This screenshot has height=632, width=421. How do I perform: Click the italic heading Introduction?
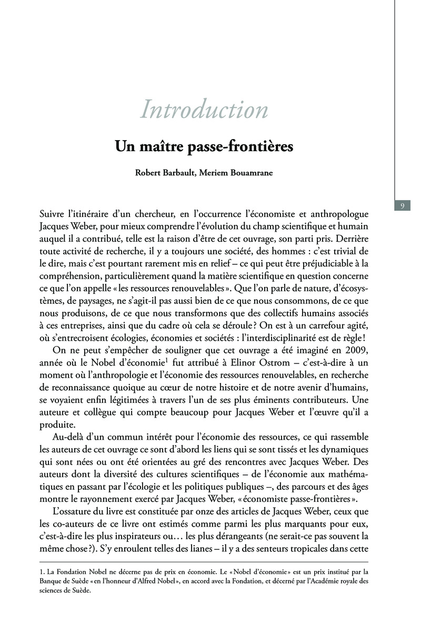point(204,110)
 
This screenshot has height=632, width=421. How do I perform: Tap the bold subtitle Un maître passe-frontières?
point(204,146)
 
